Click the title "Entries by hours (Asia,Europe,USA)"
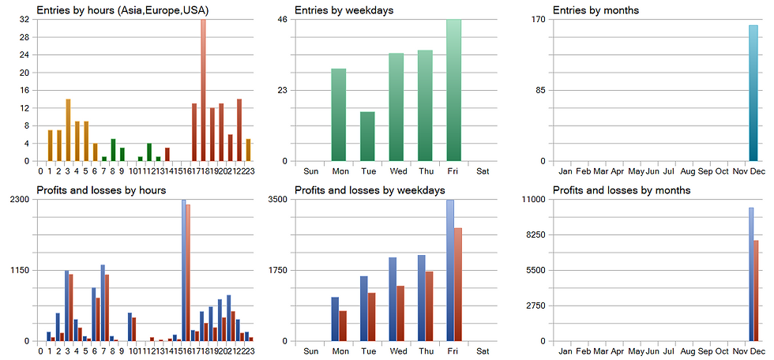(x=117, y=10)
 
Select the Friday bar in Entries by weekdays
(x=453, y=91)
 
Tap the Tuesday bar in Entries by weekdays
(x=367, y=137)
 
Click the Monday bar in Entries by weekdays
(x=339, y=115)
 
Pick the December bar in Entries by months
(x=753, y=93)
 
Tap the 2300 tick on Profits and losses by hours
(x=19, y=199)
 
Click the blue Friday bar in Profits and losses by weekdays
(x=450, y=270)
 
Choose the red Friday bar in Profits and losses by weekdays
(x=457, y=284)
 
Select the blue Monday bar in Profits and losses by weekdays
(x=335, y=319)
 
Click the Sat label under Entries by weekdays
(x=483, y=171)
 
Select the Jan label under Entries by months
(x=565, y=171)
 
